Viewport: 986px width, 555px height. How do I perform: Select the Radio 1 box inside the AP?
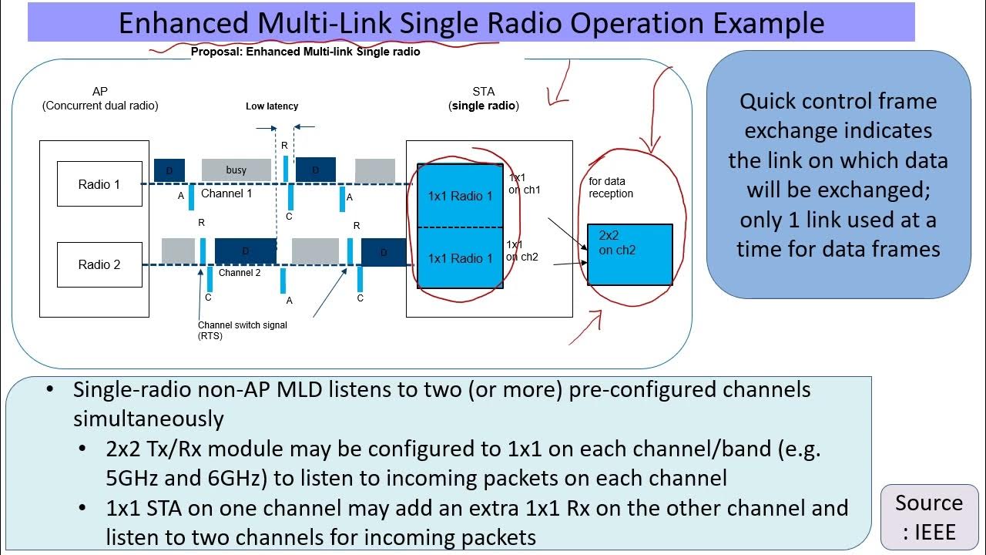[99, 184]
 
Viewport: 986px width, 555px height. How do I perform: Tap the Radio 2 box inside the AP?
[99, 264]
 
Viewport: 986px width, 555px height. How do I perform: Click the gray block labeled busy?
[236, 170]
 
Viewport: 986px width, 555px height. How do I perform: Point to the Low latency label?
[272, 106]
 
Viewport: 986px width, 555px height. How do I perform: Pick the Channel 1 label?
[226, 193]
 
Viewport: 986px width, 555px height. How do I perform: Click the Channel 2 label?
[240, 273]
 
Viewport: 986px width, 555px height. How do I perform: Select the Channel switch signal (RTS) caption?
[242, 330]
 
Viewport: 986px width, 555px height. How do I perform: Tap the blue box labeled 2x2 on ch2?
[629, 254]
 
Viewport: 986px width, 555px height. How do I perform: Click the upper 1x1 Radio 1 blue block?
[460, 195]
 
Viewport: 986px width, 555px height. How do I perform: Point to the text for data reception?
[611, 187]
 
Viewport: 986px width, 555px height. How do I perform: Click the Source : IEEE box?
[928, 516]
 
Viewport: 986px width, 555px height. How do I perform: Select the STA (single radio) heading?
[484, 99]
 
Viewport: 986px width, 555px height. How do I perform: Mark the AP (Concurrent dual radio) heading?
[100, 99]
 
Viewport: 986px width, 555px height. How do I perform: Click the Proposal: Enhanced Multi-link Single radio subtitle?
[305, 52]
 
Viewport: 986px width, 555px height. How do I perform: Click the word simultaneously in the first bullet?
[149, 419]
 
